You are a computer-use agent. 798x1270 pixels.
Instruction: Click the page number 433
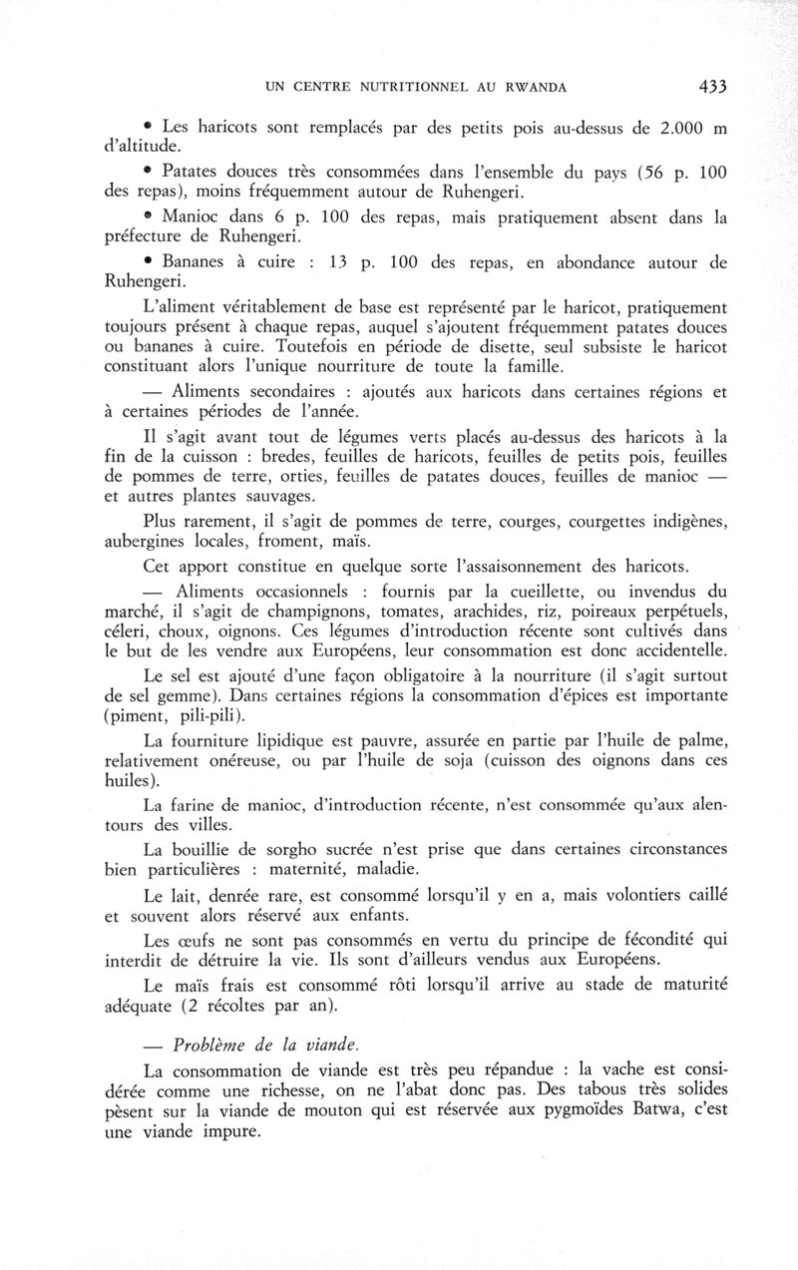712,87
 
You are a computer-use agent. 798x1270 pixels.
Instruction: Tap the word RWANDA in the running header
530,88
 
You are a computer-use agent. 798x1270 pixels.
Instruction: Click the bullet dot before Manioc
146,215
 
